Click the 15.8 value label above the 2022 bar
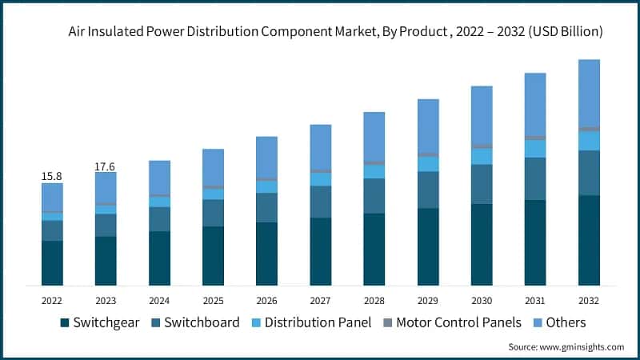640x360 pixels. point(52,175)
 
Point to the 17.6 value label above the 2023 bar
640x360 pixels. point(106,166)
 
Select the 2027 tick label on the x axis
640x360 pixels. point(320,301)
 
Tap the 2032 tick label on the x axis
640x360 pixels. point(589,301)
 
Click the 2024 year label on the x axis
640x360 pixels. point(159,301)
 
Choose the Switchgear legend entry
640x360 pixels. point(99,322)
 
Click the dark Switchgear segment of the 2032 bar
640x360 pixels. point(589,240)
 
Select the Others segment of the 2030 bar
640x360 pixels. point(482,114)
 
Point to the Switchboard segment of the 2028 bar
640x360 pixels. point(374,196)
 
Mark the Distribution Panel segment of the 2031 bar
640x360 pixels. point(535,149)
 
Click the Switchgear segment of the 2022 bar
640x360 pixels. point(52,263)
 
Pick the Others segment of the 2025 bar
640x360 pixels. point(213,167)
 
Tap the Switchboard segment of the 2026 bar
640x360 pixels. point(266,207)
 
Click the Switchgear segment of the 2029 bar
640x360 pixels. point(428,246)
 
